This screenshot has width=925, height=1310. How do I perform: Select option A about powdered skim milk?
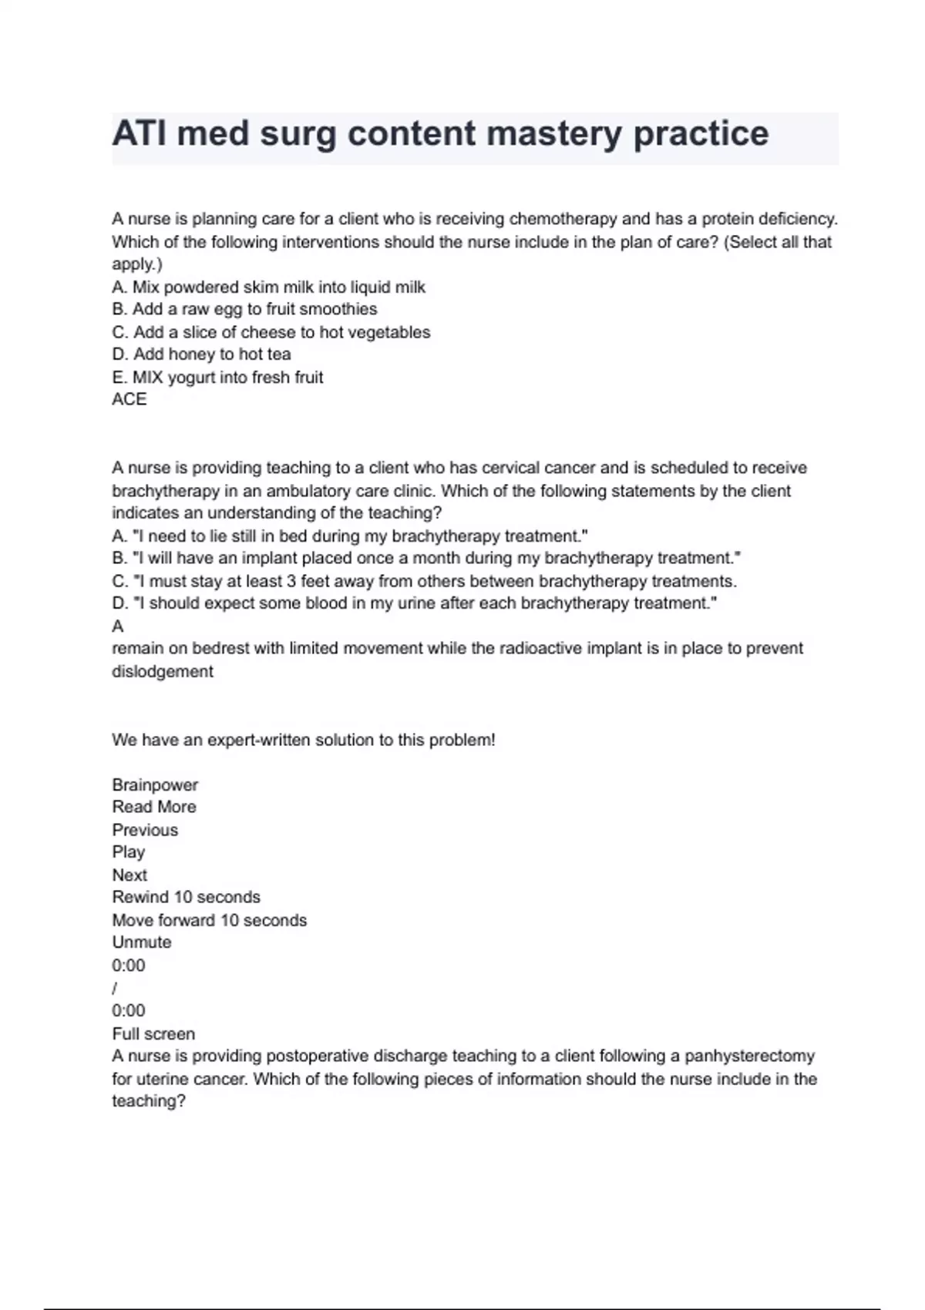pyautogui.click(x=268, y=287)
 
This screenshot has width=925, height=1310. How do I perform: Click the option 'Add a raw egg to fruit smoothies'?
pyautogui.click(x=244, y=309)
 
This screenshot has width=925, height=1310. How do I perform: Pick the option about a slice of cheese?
pyautogui.click(x=271, y=332)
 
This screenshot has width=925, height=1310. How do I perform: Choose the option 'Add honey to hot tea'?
pyautogui.click(x=201, y=354)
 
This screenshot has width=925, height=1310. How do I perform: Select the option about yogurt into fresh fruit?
pyautogui.click(x=217, y=378)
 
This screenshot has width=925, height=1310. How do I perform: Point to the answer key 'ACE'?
pyautogui.click(x=129, y=399)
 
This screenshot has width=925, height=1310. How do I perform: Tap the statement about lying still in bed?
pyautogui.click(x=350, y=536)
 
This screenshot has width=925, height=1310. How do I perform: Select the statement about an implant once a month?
pyautogui.click(x=426, y=558)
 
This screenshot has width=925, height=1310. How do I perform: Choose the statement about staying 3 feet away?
pyautogui.click(x=424, y=581)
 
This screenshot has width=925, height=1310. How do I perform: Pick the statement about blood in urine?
pyautogui.click(x=414, y=603)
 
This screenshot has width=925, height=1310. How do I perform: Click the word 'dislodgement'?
pyautogui.click(x=163, y=671)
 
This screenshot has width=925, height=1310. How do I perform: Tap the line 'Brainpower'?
pyautogui.click(x=155, y=785)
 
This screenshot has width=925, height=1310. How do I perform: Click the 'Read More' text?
pyautogui.click(x=154, y=807)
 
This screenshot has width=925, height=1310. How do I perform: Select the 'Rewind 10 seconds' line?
pyautogui.click(x=186, y=897)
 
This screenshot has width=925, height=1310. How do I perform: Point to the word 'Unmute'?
pyautogui.click(x=142, y=942)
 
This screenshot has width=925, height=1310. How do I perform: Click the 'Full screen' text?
pyautogui.click(x=153, y=1034)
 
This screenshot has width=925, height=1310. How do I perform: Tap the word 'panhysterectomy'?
pyautogui.click(x=749, y=1056)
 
